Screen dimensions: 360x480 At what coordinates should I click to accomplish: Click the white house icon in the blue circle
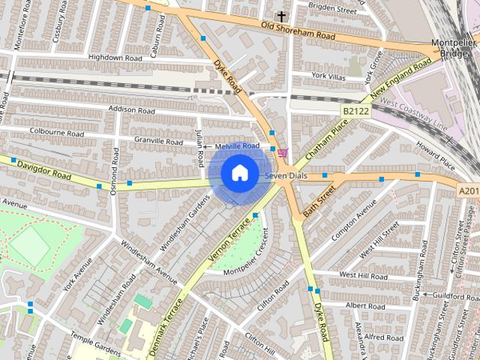click(x=238, y=173)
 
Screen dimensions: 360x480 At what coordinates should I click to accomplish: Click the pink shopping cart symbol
click(x=282, y=152)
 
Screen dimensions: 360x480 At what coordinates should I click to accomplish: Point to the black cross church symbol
click(x=281, y=16)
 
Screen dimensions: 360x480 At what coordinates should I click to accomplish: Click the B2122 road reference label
click(x=356, y=111)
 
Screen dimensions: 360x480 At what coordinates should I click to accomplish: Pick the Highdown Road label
click(x=115, y=57)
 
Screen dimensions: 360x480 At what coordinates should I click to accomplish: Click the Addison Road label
click(x=131, y=109)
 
